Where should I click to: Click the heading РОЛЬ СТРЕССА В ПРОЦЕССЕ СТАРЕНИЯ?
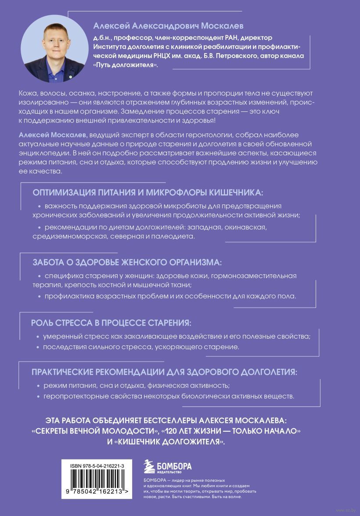click(x=111, y=323)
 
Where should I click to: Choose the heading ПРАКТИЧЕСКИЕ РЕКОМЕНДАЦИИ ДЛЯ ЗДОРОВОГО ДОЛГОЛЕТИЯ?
click(x=164, y=372)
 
